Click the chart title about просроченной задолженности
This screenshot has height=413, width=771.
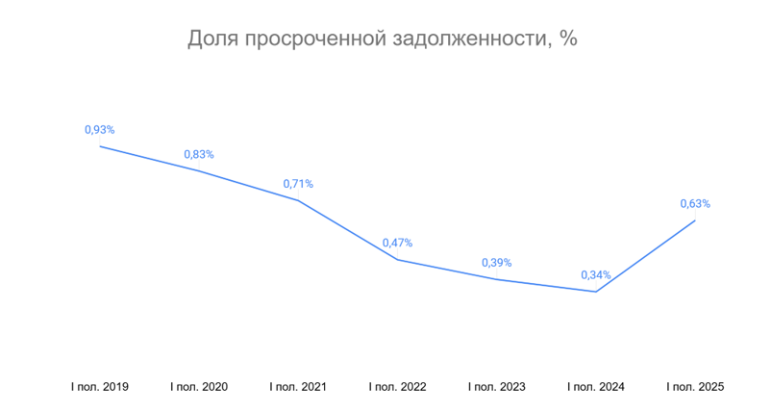[x=382, y=39]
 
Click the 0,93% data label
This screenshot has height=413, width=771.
[x=100, y=129]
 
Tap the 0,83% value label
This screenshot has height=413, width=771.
[x=199, y=154]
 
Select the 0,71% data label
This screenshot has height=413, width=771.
[x=298, y=184]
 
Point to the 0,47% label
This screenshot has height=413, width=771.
[x=397, y=243]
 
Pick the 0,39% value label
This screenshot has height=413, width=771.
[x=496, y=263]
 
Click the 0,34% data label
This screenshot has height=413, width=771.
[x=596, y=275]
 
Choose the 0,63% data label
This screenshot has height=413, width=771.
[x=695, y=204]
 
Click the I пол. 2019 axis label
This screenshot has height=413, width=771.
[x=100, y=387]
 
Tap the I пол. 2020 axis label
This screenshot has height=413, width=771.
[x=199, y=387]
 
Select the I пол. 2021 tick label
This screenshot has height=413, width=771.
[x=298, y=387]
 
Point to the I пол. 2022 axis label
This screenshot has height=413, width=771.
[x=397, y=387]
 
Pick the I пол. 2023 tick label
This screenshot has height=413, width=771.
[x=496, y=387]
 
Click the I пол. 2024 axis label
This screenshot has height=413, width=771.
[x=596, y=387]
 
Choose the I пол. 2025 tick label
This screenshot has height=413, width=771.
[x=695, y=387]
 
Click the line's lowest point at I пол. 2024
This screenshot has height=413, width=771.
[x=596, y=292]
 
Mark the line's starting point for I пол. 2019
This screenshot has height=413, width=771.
[x=100, y=146]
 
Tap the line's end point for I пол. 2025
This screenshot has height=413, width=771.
[x=695, y=220]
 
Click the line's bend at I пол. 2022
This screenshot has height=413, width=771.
[x=397, y=260]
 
